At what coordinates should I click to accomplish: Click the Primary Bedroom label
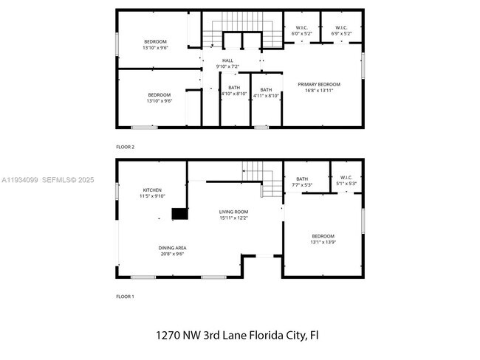(319, 88)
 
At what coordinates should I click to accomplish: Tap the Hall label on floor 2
(227, 63)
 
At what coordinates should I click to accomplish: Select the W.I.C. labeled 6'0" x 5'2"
(301, 30)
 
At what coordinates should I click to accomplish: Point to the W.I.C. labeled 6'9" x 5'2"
(341, 30)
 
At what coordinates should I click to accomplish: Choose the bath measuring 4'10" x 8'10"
(234, 91)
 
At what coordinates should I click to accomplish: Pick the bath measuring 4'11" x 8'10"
(266, 91)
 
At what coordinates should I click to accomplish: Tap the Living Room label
(233, 215)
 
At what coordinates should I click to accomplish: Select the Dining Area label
(171, 250)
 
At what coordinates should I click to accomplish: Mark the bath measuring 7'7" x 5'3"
(302, 181)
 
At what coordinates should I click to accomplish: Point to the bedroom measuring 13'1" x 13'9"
(323, 239)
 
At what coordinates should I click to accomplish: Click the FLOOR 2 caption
(126, 147)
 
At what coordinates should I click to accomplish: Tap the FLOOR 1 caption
(126, 296)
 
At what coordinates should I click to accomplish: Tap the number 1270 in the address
(168, 335)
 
